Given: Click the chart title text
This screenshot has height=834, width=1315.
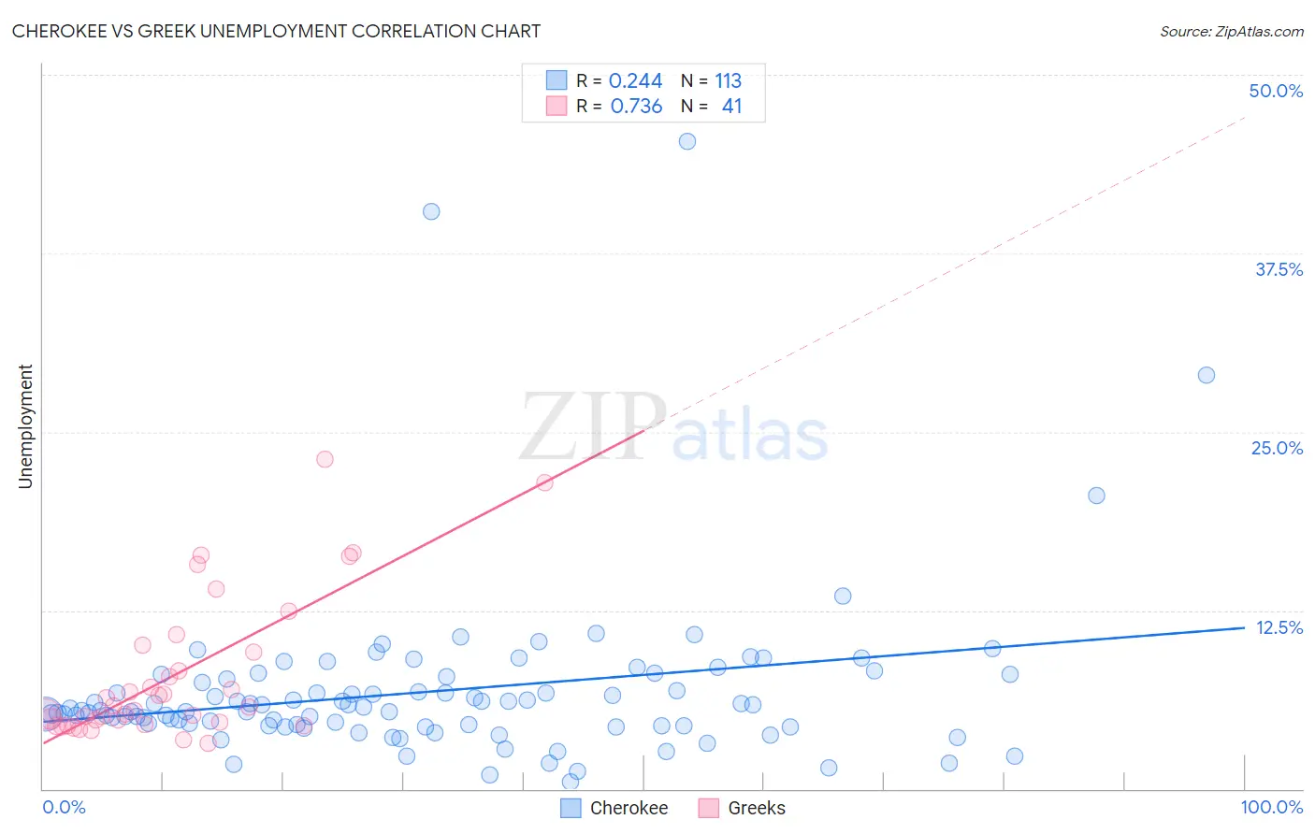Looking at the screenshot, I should (x=276, y=31).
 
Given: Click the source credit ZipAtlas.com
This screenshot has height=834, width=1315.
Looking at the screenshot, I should (x=1231, y=31).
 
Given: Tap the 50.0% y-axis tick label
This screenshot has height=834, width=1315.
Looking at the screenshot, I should (x=1276, y=91).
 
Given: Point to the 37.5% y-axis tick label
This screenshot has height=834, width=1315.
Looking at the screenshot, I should (x=1279, y=269).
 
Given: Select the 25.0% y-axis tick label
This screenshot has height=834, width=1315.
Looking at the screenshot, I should (x=1277, y=448).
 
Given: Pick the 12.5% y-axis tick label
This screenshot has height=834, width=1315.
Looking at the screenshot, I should (x=1279, y=627).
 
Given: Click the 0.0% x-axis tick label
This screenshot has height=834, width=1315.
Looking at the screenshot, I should (x=64, y=807).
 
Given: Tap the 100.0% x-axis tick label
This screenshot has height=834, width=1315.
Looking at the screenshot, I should (x=1271, y=807).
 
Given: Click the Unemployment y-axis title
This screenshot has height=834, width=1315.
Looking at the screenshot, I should (x=25, y=426).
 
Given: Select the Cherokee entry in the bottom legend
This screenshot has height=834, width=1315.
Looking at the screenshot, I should (x=628, y=808).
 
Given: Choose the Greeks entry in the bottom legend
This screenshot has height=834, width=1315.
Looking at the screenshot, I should (x=756, y=808).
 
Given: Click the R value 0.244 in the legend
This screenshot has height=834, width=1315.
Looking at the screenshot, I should (x=635, y=80).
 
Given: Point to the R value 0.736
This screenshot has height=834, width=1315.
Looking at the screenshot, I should (x=636, y=107).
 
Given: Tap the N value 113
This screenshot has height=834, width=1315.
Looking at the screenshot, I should (x=728, y=80).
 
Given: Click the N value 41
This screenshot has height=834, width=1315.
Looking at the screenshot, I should (x=731, y=107).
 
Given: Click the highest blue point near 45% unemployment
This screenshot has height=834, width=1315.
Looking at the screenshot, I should (x=687, y=141).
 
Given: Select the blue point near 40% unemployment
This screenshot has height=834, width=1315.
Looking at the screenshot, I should (x=431, y=211).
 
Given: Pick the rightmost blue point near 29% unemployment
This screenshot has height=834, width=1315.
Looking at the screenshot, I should (x=1207, y=375).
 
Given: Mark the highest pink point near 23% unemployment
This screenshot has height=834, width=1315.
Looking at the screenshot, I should (x=325, y=459).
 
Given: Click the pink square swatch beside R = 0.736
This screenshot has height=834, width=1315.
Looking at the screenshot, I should (x=556, y=106).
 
